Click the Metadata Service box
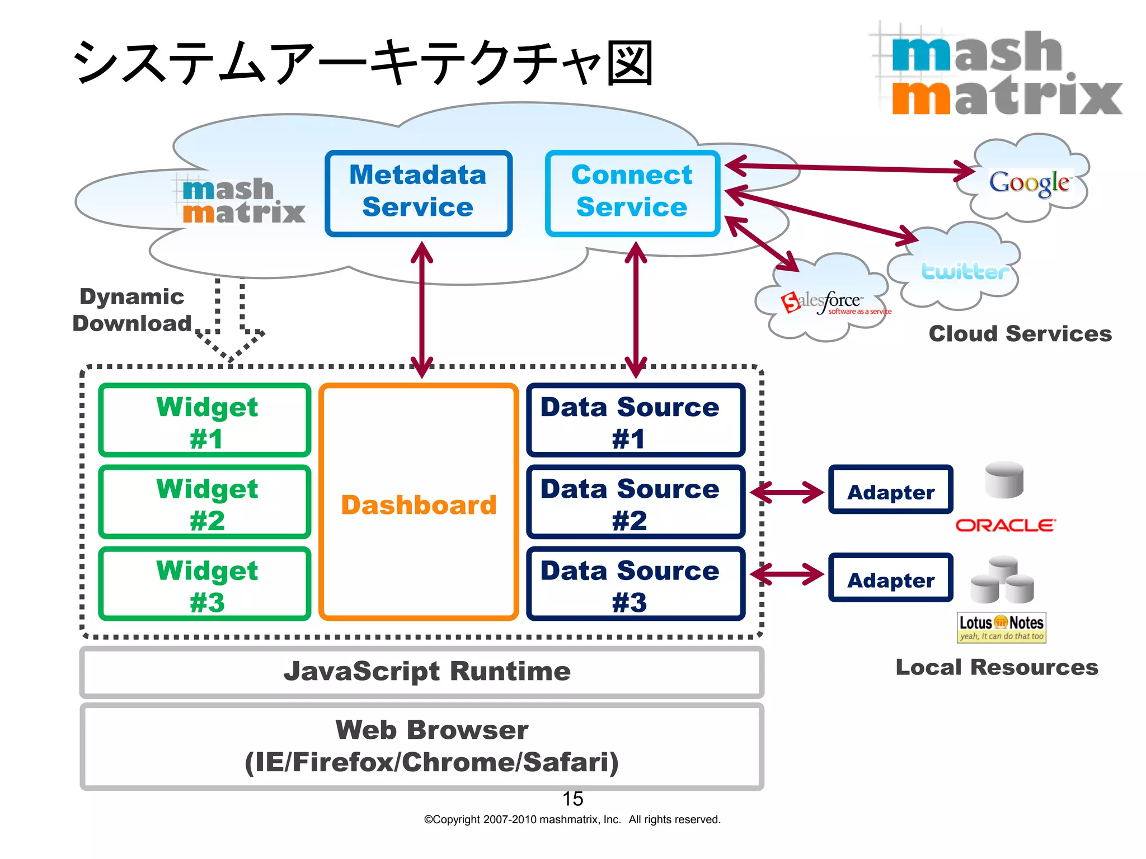click(418, 193)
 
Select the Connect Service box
click(632, 193)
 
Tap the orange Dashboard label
click(419, 504)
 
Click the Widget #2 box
click(205, 502)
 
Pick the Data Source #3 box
click(635, 584)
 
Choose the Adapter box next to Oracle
click(890, 490)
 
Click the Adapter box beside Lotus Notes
click(890, 578)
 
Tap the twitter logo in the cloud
click(964, 272)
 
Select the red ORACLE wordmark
click(1005, 525)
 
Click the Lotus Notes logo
click(1001, 627)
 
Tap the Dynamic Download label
click(131, 310)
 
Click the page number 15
click(572, 799)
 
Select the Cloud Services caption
click(1020, 334)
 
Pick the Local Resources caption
click(997, 667)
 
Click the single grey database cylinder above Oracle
click(1004, 480)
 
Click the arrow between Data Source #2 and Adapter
click(787, 493)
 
